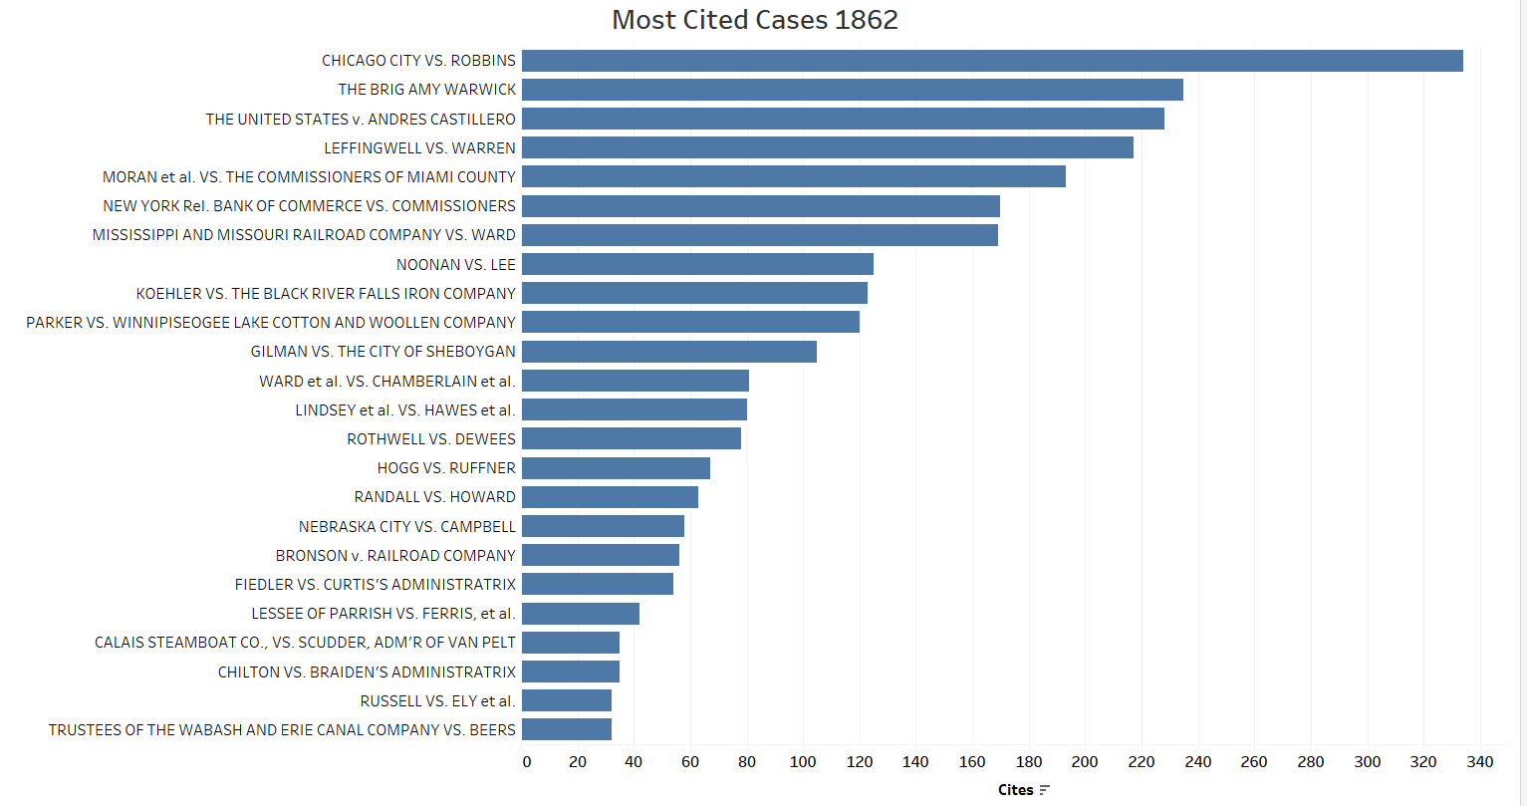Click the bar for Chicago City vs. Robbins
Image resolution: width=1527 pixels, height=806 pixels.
pos(992,61)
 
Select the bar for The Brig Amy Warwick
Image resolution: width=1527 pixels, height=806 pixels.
pos(853,90)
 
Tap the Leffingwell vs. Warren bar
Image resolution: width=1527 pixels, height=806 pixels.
pos(828,147)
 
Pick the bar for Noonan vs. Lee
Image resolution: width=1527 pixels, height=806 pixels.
pos(697,264)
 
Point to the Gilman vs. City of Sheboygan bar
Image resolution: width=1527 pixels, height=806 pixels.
pos(669,352)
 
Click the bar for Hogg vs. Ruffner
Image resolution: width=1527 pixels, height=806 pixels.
pos(616,468)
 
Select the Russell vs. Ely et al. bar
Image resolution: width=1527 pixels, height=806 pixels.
pos(567,700)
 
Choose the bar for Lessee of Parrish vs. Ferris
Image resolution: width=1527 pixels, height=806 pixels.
pos(581,614)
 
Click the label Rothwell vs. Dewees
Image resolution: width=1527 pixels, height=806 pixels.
pos(431,439)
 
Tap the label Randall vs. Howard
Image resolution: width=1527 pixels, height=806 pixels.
pos(435,497)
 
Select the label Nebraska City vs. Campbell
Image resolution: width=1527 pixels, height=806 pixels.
pos(407,526)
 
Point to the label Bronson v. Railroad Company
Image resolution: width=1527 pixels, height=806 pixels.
pos(395,556)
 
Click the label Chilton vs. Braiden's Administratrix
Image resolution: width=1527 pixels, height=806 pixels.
pos(367,672)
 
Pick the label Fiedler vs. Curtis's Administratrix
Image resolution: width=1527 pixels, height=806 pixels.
pos(376,585)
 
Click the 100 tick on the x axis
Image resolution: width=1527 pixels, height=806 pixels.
pos(803,762)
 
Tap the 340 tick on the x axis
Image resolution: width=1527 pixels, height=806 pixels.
pos(1480,762)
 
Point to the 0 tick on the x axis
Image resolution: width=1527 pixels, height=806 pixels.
pos(527,762)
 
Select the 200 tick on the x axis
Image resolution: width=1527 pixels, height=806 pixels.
pos(1085,762)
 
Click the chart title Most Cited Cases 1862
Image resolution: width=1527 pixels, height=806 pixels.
pos(755,20)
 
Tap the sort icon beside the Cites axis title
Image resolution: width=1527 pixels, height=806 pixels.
pos(1044,790)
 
